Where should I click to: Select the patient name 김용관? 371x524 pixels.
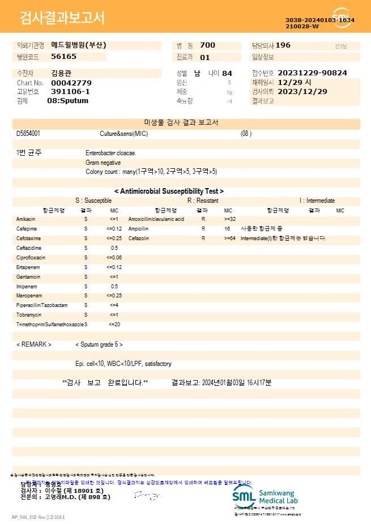coord(61,73)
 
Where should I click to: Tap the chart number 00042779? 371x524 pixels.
coord(71,83)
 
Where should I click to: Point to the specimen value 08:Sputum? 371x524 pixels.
coord(67,101)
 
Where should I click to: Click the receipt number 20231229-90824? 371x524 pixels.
coord(312,73)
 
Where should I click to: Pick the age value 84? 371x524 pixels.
coord(227,73)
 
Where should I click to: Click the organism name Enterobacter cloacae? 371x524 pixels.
coord(111,153)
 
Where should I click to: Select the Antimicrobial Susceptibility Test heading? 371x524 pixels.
coord(169,191)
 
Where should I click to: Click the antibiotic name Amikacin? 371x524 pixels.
coord(26,219)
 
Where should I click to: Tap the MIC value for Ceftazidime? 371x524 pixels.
coord(114,248)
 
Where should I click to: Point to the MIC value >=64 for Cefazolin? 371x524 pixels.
coord(230,238)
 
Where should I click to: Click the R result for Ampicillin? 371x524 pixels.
coord(203,229)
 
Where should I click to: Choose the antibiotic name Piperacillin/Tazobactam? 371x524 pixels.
coord(42,305)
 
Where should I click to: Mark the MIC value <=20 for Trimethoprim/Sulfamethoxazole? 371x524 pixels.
coord(114,325)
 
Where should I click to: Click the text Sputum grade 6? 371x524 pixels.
coord(99,344)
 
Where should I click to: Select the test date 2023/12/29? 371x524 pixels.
coord(303,91)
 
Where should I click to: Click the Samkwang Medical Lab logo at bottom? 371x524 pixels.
coord(264,496)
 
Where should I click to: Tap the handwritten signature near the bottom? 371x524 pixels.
coord(144,496)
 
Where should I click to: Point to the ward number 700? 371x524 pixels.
coord(208,45)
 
